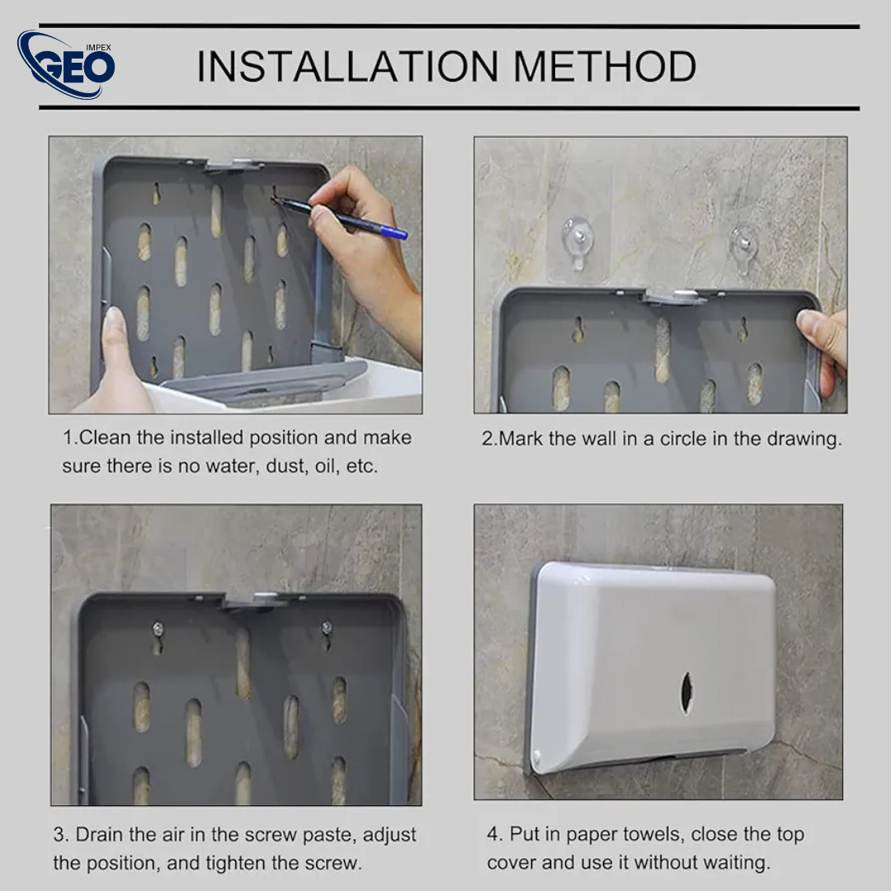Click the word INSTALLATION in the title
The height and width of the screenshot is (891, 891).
[347, 67]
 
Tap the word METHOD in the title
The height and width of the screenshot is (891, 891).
[605, 67]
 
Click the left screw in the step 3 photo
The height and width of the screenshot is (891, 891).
[158, 630]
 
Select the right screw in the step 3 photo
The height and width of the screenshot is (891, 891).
[327, 629]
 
